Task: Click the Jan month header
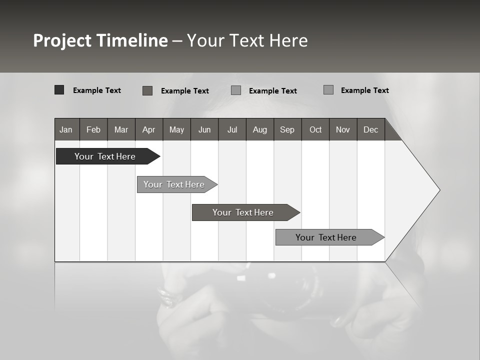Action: tap(66, 129)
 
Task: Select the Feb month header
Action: tap(93, 129)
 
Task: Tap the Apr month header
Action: tap(148, 129)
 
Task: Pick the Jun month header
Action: tap(204, 129)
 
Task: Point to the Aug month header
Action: tap(260, 129)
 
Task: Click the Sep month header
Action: tap(287, 129)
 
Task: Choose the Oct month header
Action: tap(315, 129)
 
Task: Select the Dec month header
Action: tap(370, 129)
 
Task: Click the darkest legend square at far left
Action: tap(59, 90)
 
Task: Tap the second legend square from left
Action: tap(147, 90)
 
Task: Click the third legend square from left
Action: tap(236, 90)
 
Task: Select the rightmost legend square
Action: tap(328, 90)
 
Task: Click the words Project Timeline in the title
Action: tap(100, 40)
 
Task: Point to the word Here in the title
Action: tap(288, 40)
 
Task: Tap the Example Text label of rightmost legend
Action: tap(364, 90)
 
